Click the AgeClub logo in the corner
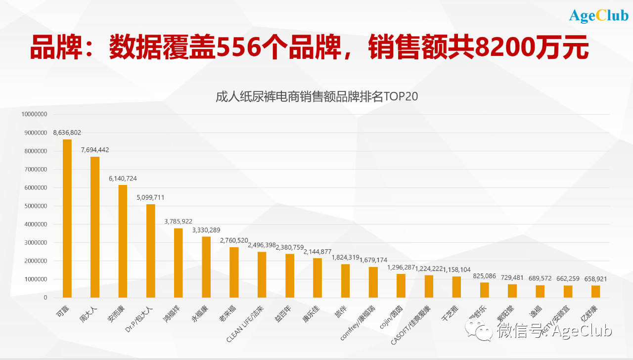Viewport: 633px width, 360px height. (598, 16)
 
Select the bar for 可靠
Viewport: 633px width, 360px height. (67, 218)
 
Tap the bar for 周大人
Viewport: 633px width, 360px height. (95, 227)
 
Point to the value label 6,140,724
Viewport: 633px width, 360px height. (123, 178)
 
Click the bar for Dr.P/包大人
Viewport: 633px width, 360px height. (151, 251)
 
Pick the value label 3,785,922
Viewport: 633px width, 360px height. (179, 222)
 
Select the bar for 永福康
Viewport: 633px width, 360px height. (206, 267)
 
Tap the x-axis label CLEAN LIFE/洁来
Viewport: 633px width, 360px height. (245, 324)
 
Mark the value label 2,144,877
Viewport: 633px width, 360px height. (317, 252)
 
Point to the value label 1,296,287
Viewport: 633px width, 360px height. (401, 268)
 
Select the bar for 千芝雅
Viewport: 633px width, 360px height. (456, 287)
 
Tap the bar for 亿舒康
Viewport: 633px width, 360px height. (595, 291)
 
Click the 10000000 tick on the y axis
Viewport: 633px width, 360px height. (34, 114)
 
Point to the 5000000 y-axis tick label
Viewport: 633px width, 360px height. (34, 206)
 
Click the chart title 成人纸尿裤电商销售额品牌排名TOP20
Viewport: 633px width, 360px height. (316, 96)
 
